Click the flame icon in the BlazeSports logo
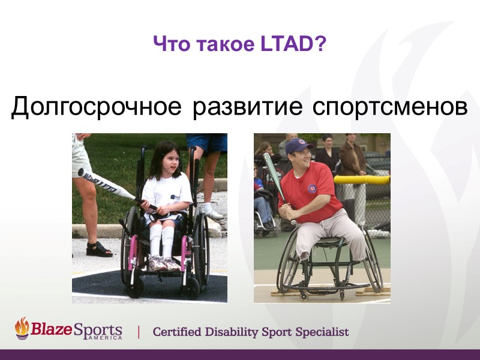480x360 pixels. point(22,328)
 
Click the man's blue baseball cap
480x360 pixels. point(298,146)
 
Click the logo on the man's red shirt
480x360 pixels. point(312,188)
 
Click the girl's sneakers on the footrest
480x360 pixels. point(163,263)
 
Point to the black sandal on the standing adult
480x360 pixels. point(98,249)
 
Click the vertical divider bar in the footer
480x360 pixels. point(140,332)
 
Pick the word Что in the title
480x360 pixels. point(167,44)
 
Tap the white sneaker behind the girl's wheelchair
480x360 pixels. point(210,212)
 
